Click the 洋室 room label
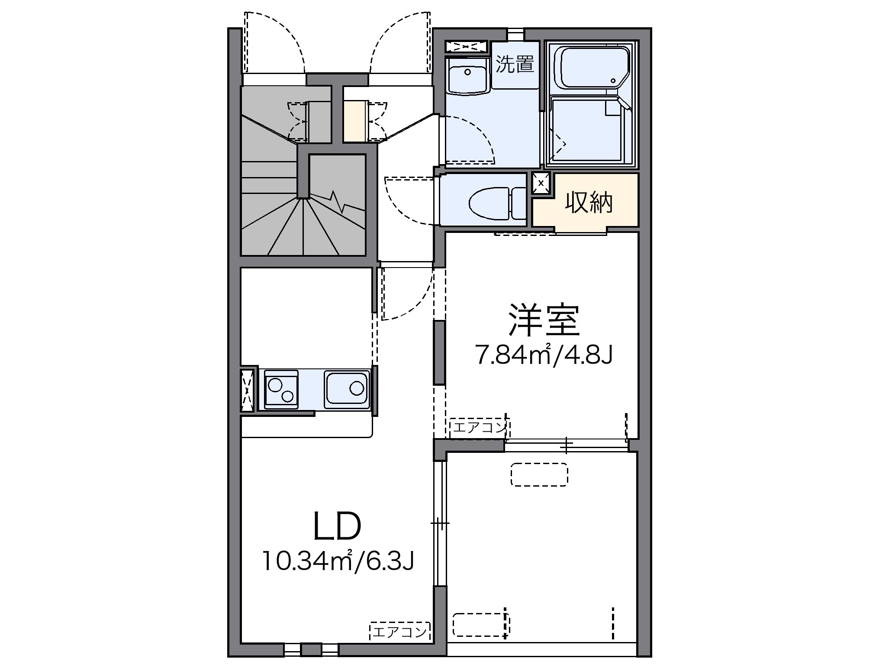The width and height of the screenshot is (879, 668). (544, 320)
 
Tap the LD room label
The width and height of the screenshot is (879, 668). (337, 526)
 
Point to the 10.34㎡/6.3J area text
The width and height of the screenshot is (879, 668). (338, 562)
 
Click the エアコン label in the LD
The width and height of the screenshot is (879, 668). (399, 633)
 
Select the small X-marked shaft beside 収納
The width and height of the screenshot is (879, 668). (541, 183)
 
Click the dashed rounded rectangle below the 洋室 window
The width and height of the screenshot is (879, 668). (539, 474)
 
